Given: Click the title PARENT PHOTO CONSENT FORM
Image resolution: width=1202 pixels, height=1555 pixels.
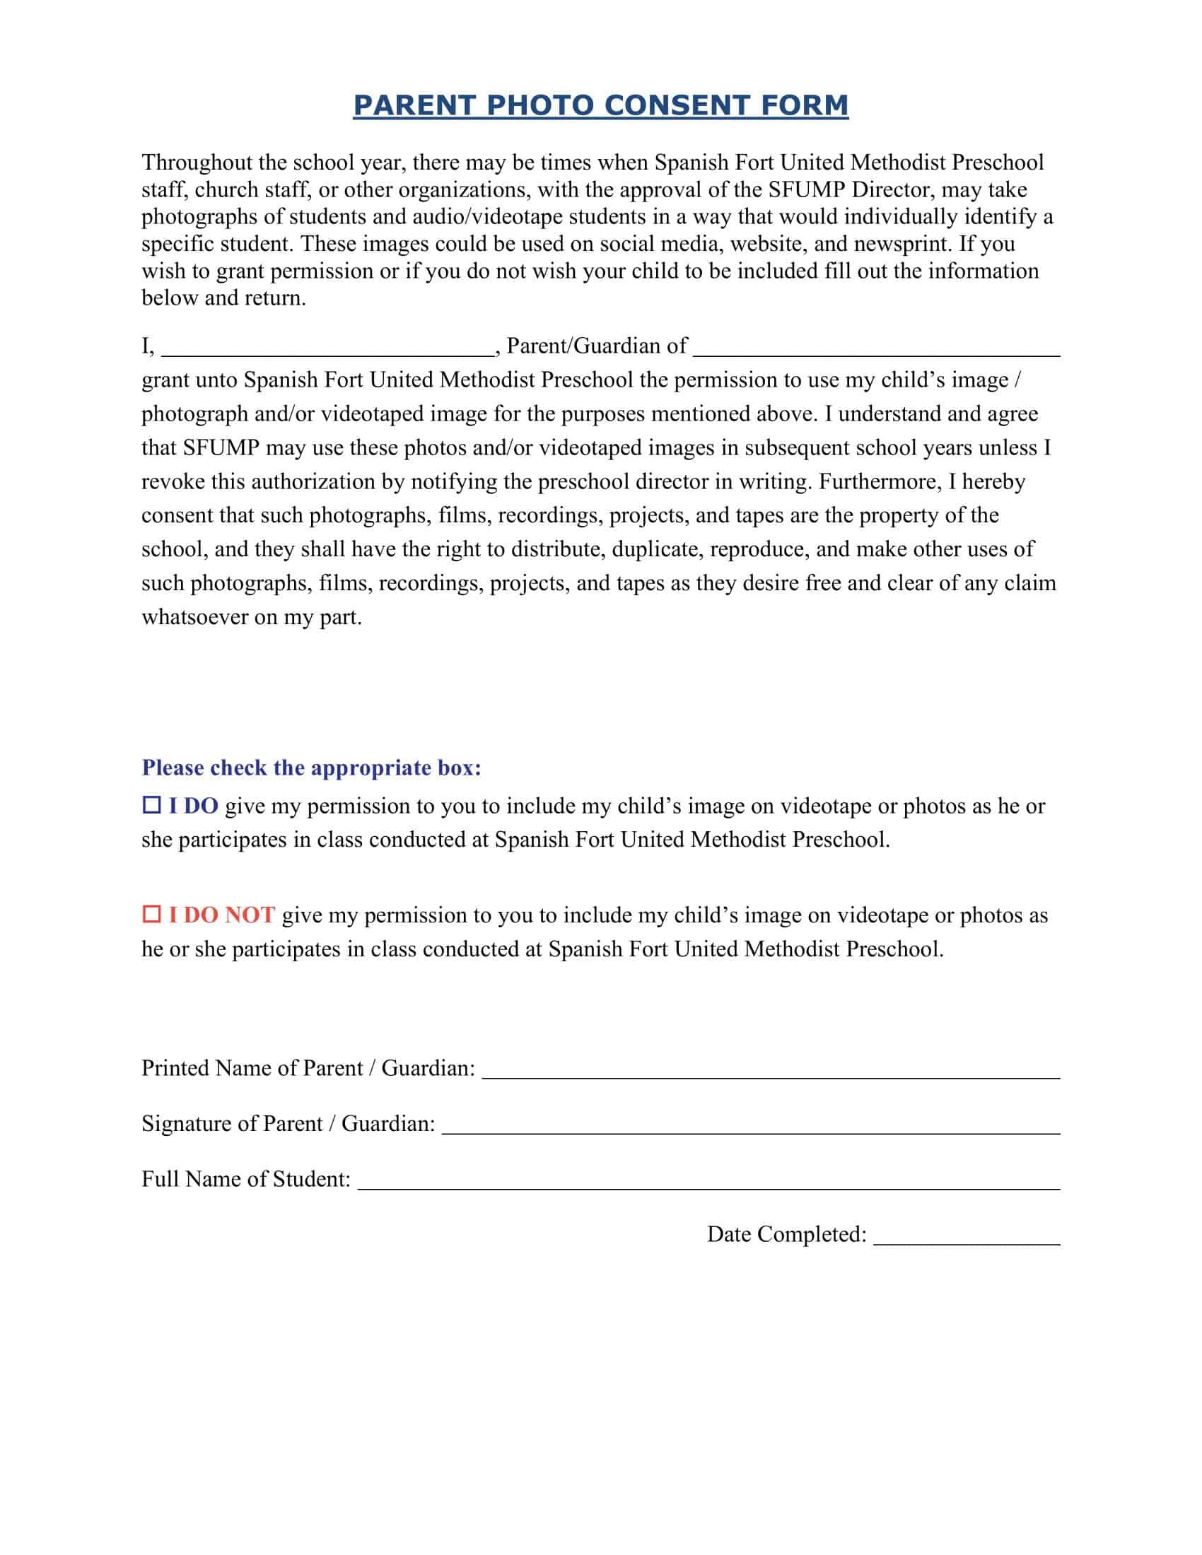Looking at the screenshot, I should click(600, 105).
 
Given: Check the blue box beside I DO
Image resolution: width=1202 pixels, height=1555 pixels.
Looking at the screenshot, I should click(152, 805).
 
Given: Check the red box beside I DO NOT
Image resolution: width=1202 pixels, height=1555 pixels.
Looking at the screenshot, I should click(152, 914).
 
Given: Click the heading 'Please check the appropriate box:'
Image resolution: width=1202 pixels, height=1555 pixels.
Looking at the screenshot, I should click(312, 768).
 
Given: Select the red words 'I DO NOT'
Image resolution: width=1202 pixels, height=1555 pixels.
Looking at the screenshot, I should click(221, 915).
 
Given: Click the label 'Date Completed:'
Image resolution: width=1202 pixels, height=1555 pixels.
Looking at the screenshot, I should click(786, 1234).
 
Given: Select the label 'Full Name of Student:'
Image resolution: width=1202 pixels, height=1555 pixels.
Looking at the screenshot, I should click(246, 1179).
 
